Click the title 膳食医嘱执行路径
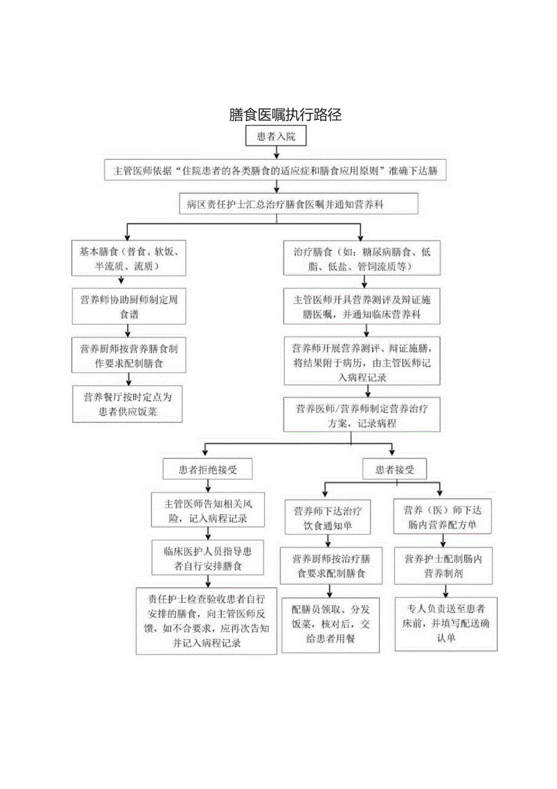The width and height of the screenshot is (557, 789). pyautogui.click(x=285, y=115)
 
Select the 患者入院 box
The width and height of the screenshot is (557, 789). pyautogui.click(x=277, y=136)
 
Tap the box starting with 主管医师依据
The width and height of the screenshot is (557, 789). pyautogui.click(x=275, y=171)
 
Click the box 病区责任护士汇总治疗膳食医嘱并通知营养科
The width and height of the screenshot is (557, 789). pyautogui.click(x=298, y=204)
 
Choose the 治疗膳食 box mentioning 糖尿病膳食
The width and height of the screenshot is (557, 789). pyautogui.click(x=362, y=258)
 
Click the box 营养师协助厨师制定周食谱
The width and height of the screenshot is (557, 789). pyautogui.click(x=130, y=306)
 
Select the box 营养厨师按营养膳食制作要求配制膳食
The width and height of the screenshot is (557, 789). pyautogui.click(x=129, y=355)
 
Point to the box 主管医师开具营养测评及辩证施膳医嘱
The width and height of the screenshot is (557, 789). pyautogui.click(x=362, y=306)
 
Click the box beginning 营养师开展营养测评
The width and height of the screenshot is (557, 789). pyautogui.click(x=362, y=362)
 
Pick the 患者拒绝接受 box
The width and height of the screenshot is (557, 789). pyautogui.click(x=207, y=468)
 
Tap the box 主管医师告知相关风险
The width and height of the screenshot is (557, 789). pyautogui.click(x=206, y=510)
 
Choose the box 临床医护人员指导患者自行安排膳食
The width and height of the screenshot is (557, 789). pyautogui.click(x=206, y=558)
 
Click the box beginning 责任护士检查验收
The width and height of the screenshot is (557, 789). pyautogui.click(x=206, y=621)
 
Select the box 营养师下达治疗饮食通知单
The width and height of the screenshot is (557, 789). pyautogui.click(x=328, y=517)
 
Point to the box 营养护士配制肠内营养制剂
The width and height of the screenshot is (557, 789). pyautogui.click(x=443, y=565)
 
